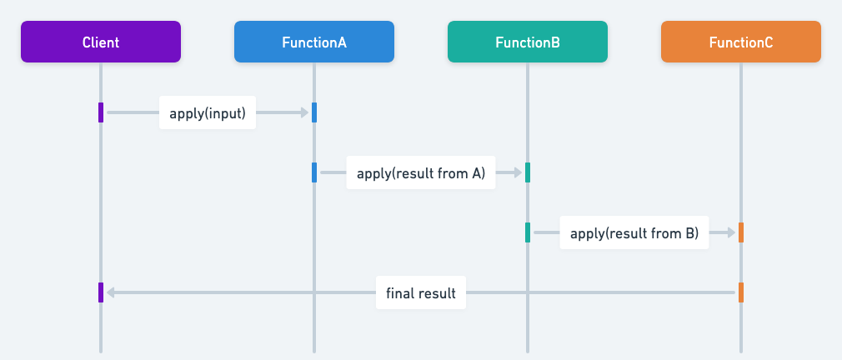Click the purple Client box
(x=101, y=42)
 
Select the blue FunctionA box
(x=314, y=42)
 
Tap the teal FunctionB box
(x=528, y=42)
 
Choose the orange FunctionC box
(x=741, y=42)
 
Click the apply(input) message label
(x=208, y=113)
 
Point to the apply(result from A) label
(x=421, y=173)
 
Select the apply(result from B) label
(x=634, y=233)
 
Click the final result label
(x=421, y=293)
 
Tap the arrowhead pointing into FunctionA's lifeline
(x=304, y=112)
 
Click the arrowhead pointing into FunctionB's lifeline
(x=518, y=172)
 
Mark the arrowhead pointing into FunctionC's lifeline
(x=731, y=232)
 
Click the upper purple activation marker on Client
(x=101, y=112)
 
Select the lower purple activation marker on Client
(x=101, y=292)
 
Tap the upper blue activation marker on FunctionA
(x=314, y=112)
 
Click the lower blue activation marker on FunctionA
(x=314, y=172)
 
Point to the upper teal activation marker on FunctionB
(x=528, y=172)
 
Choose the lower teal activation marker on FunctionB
(x=528, y=232)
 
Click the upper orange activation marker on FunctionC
(x=741, y=232)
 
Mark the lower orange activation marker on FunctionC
(x=741, y=292)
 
